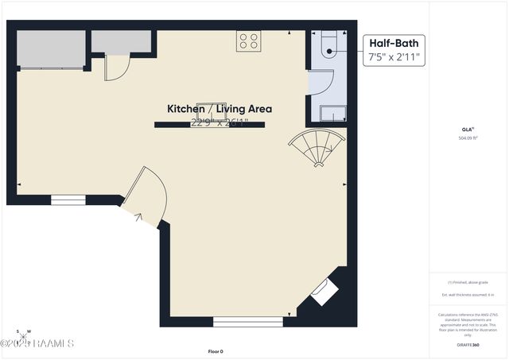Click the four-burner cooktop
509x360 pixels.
tap(248, 41)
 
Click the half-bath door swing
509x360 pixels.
tap(321, 83)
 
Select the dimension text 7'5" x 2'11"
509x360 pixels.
tap(394, 58)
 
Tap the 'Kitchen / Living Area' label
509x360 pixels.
tap(219, 109)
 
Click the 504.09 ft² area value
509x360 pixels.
tap(468, 138)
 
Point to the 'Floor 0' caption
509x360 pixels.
tap(216, 351)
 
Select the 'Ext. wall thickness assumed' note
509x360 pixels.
tap(468, 295)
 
